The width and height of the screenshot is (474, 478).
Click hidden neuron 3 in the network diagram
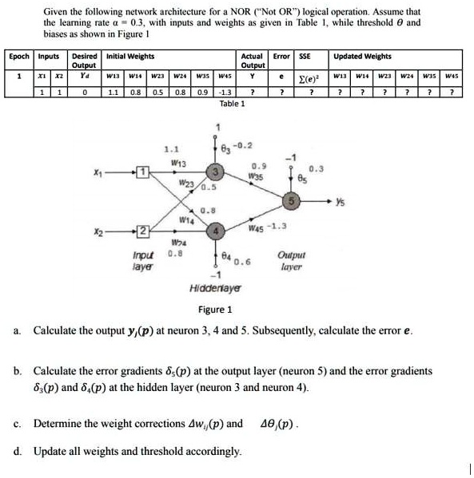[x=214, y=172]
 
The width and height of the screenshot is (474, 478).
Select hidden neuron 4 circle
[x=214, y=228]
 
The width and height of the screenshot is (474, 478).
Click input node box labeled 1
[x=141, y=172]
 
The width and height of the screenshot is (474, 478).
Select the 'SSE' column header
[x=305, y=57]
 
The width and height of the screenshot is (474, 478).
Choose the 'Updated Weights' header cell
[x=362, y=57]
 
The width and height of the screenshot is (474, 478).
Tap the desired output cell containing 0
[x=83, y=91]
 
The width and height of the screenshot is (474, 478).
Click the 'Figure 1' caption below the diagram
[x=215, y=310]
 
